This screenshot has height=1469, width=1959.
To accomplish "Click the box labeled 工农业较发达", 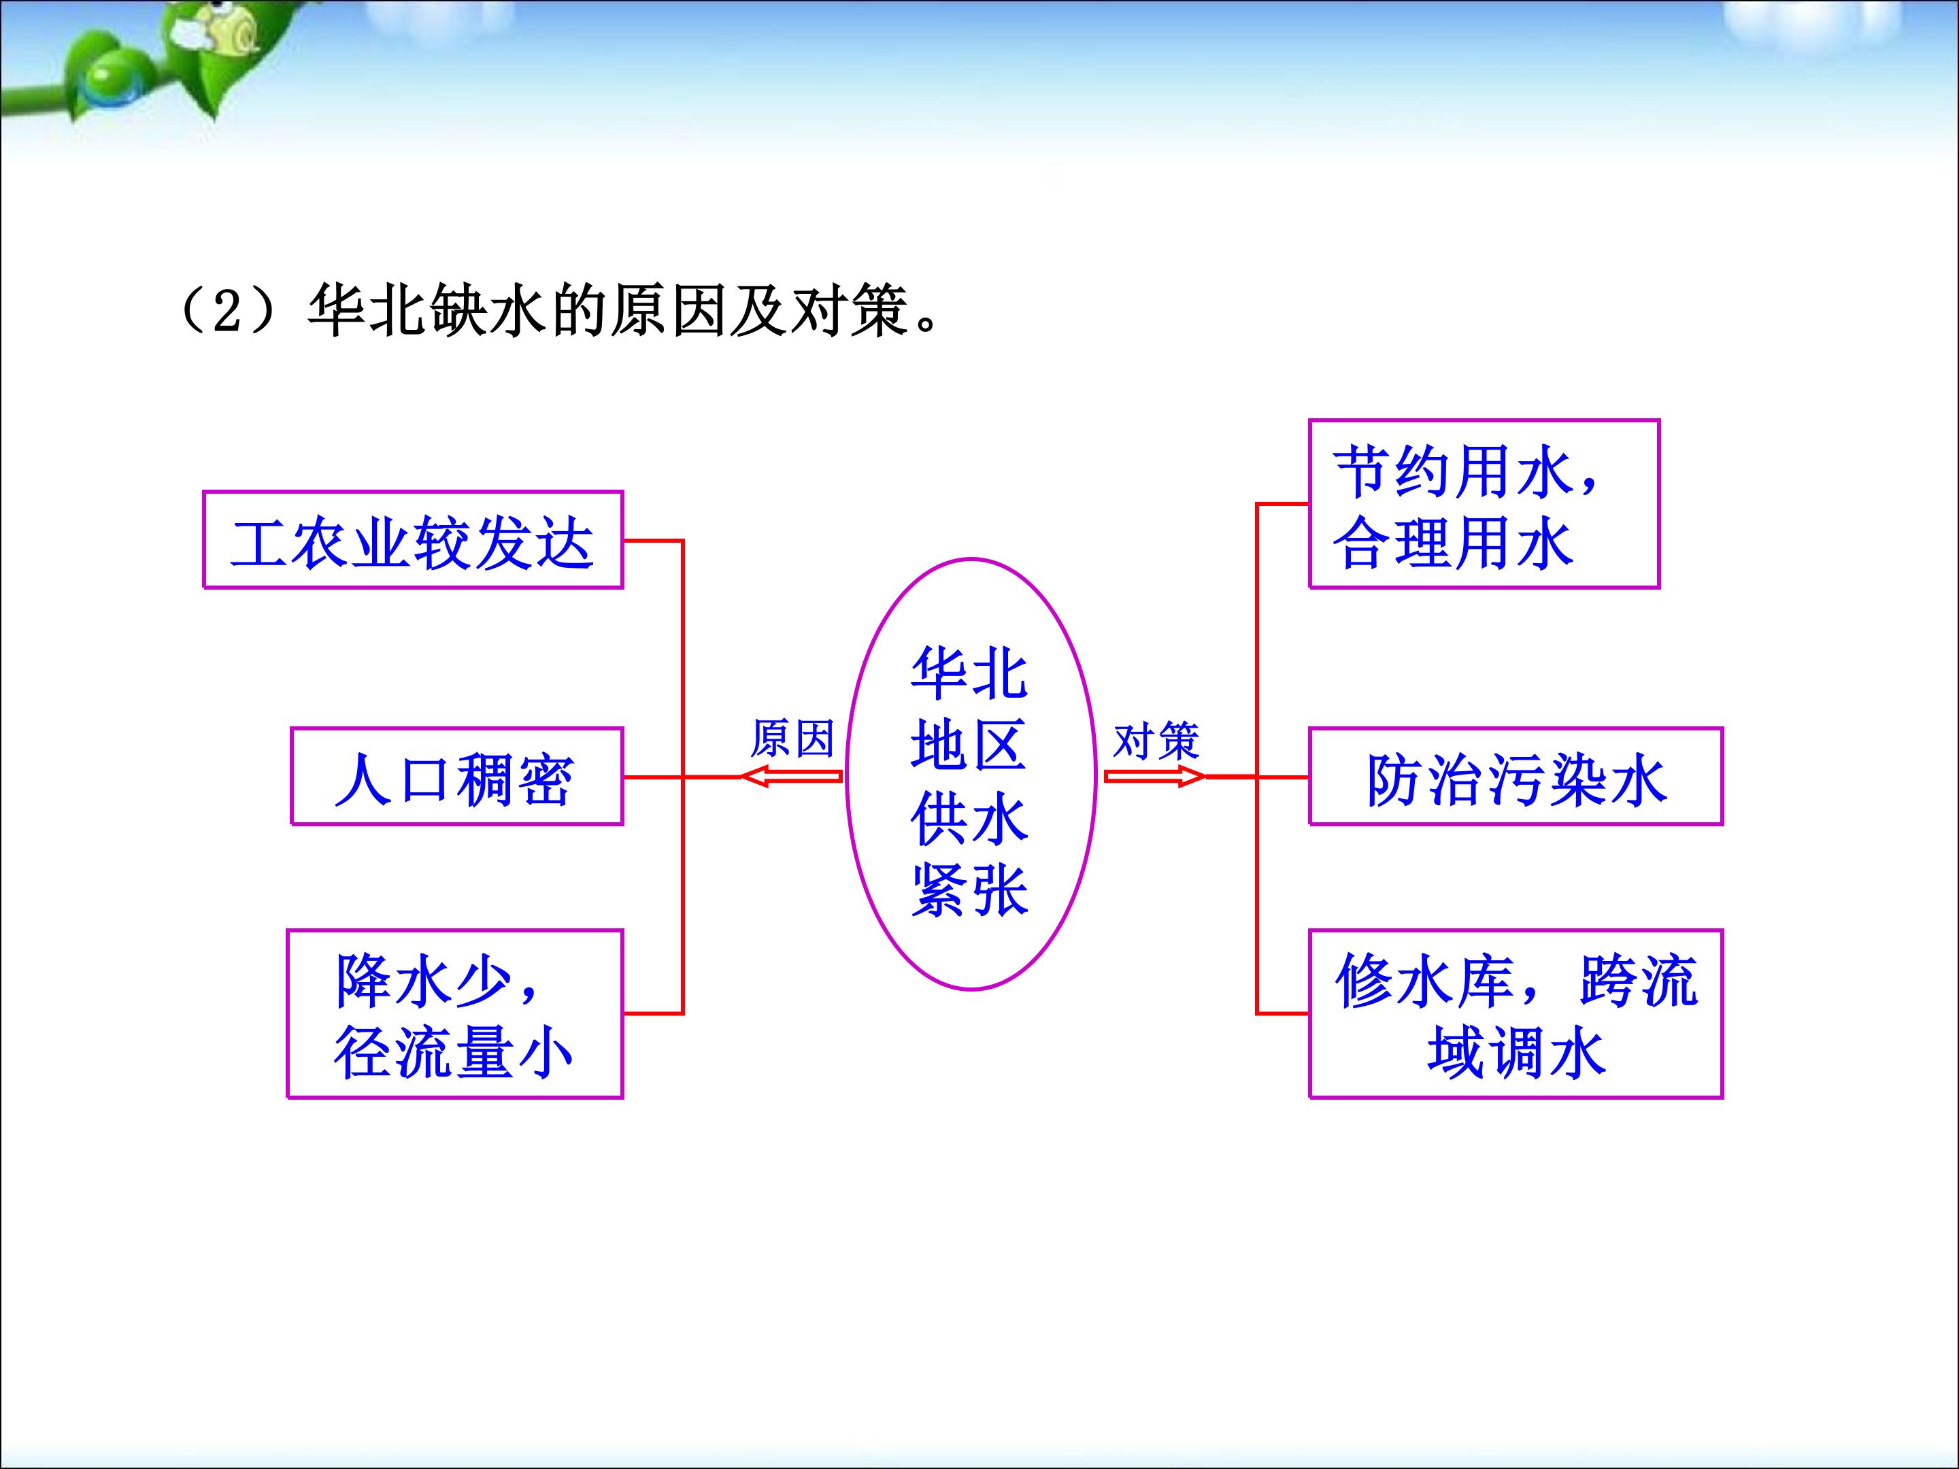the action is tap(413, 539).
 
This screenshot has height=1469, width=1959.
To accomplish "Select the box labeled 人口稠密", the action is tap(457, 777).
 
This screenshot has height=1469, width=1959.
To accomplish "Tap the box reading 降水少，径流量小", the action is tap(455, 1014).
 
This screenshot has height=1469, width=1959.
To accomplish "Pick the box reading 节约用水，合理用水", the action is tap(1484, 504).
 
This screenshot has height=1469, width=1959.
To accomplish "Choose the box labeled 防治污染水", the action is tap(1516, 777).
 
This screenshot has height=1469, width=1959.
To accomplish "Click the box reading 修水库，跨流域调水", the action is tap(1516, 1014).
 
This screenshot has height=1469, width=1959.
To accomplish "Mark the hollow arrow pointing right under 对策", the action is tap(1155, 777).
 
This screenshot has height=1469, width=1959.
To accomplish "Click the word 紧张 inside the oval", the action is tap(970, 891).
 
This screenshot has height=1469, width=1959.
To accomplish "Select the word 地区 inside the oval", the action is tap(970, 744).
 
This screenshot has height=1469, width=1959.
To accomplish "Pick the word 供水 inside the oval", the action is tap(970, 817).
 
